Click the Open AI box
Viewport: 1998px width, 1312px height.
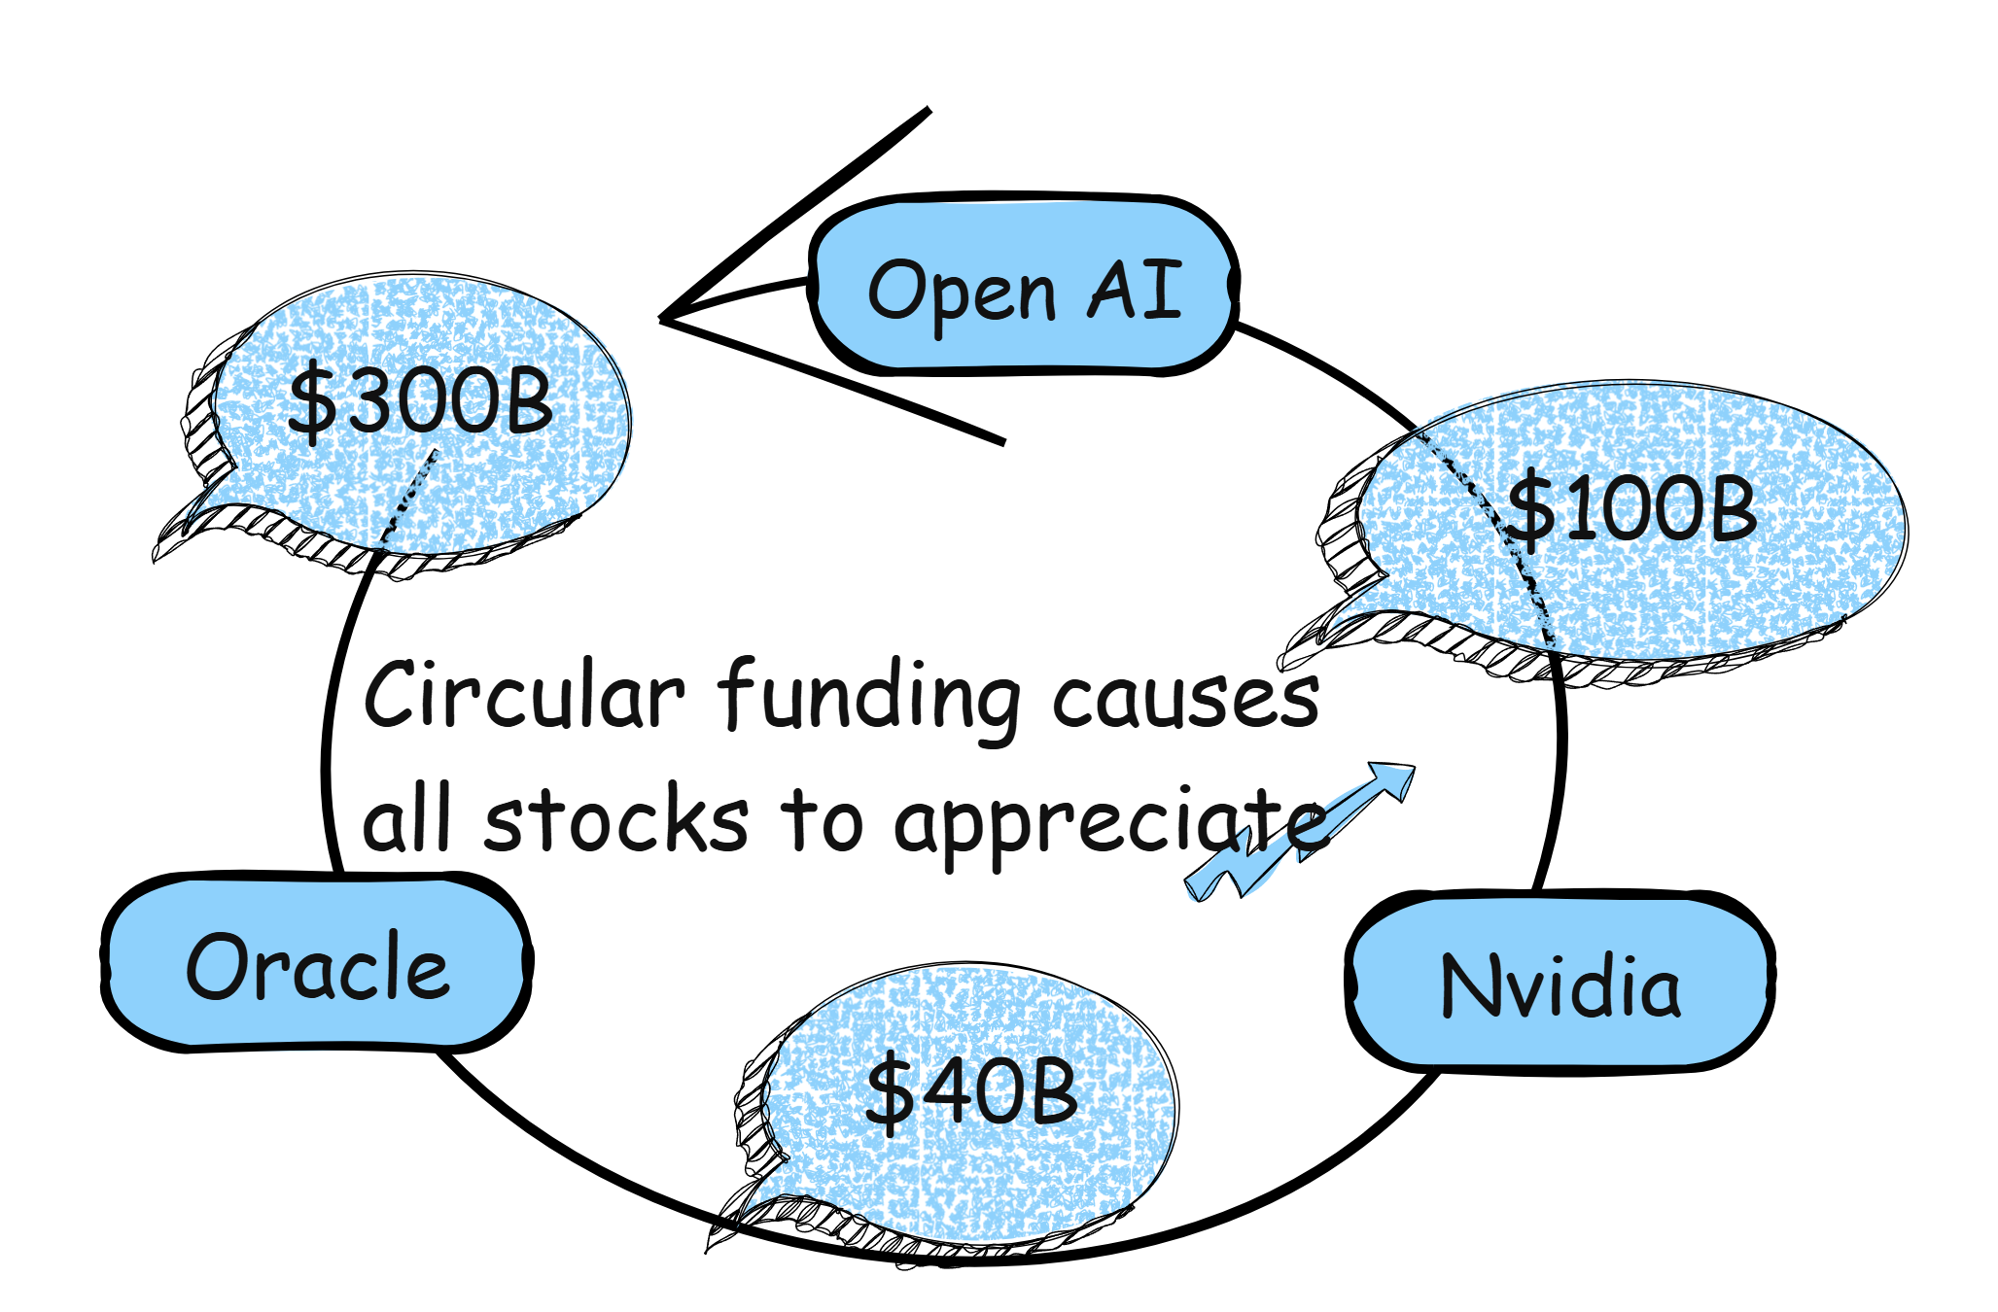pyautogui.click(x=1024, y=285)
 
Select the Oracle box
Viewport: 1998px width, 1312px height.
pyautogui.click(x=317, y=963)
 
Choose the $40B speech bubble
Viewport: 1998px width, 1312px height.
pyautogui.click(x=970, y=1093)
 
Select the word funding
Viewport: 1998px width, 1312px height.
pyautogui.click(x=870, y=696)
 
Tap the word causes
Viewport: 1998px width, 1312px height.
pyautogui.click(x=1186, y=698)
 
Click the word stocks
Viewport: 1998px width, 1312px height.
pyautogui.click(x=616, y=821)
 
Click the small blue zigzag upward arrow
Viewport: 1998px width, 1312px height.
pyautogui.click(x=1303, y=831)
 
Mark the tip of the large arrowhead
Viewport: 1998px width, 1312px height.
pyautogui.click(x=664, y=318)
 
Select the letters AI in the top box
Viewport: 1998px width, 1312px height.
pyautogui.click(x=1135, y=289)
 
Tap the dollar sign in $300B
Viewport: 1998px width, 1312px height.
pyautogui.click(x=311, y=401)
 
